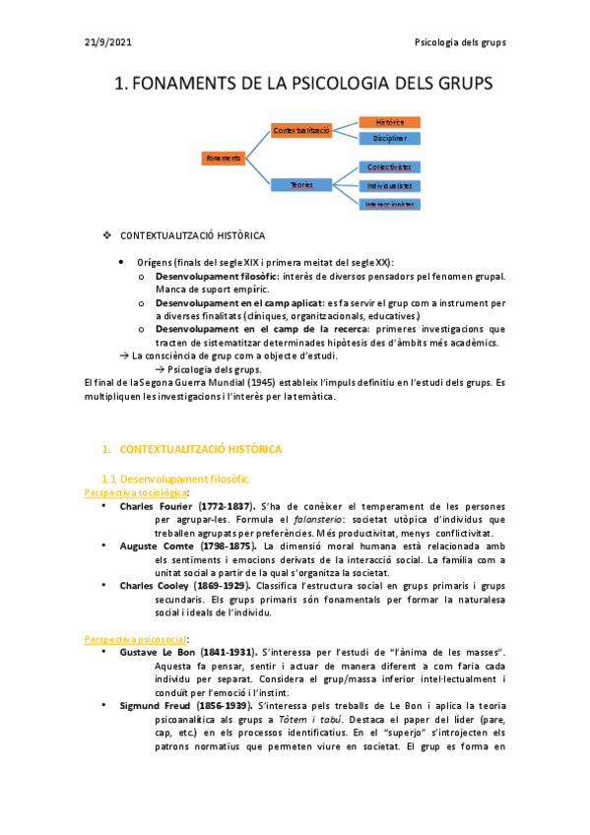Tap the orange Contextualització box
coord(302,130)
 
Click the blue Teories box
coord(301,184)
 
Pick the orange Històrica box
coord(390,121)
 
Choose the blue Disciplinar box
coord(390,139)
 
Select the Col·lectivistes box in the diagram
coord(390,167)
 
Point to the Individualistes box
coord(390,185)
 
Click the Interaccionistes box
coord(390,204)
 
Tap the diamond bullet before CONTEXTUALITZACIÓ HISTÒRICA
coord(107,236)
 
